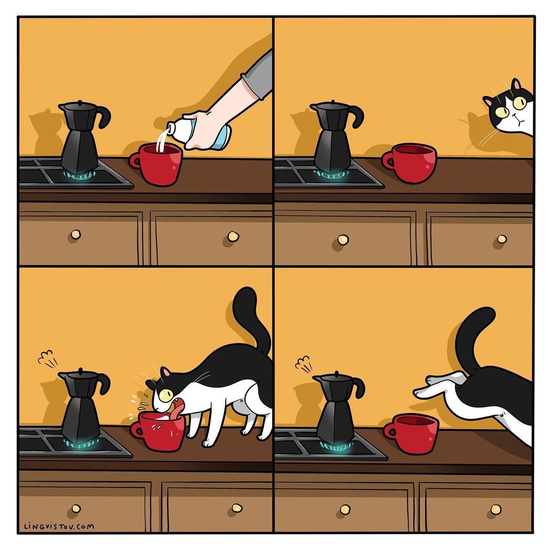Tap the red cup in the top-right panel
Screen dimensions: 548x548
tap(409, 163)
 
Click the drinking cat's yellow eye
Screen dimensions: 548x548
tap(165, 395)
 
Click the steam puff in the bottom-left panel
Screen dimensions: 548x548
tap(47, 359)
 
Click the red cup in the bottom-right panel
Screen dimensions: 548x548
tap(411, 433)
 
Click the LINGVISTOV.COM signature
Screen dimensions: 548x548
tap(59, 526)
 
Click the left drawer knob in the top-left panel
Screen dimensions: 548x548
tap(76, 234)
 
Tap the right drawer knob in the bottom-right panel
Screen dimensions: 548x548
tap(496, 509)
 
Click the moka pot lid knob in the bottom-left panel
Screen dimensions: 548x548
tap(80, 370)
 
